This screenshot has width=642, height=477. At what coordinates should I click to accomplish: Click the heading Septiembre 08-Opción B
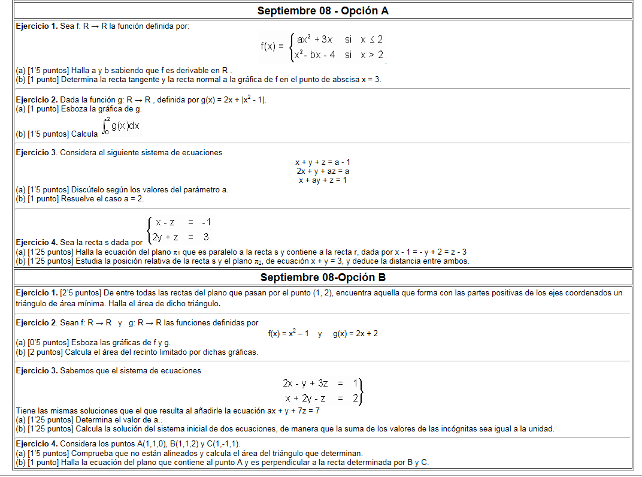pyautogui.click(x=323, y=277)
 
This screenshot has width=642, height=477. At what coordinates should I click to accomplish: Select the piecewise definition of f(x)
pyautogui.click(x=322, y=47)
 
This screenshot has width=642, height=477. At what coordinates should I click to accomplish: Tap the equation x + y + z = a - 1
pyautogui.click(x=323, y=162)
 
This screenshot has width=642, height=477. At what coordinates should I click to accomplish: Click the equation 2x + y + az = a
pyautogui.click(x=323, y=171)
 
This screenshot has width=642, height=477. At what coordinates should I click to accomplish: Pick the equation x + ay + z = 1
pyautogui.click(x=323, y=180)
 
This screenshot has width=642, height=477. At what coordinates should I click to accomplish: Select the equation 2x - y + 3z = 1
pyautogui.click(x=320, y=383)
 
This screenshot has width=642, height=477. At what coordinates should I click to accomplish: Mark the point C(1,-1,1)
pyautogui.click(x=221, y=443)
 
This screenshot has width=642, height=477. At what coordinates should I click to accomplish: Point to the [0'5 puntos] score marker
pyautogui.click(x=50, y=343)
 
